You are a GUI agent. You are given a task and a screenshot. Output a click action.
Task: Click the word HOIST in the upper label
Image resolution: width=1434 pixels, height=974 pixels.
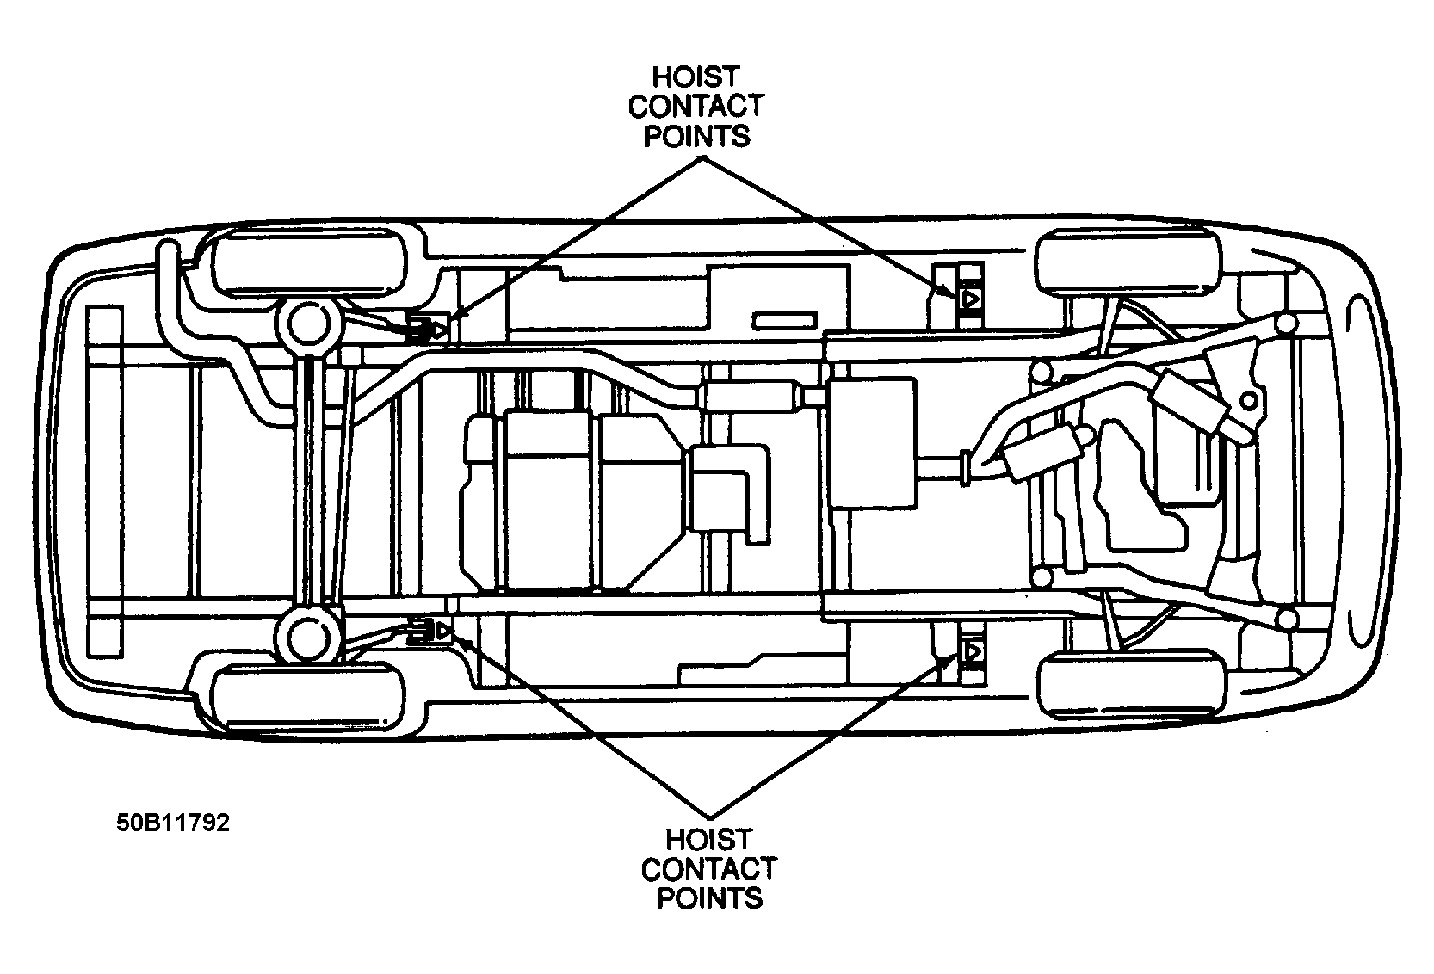[x=695, y=77]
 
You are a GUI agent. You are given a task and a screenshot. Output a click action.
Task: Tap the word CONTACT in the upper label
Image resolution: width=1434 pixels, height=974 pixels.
[x=695, y=107]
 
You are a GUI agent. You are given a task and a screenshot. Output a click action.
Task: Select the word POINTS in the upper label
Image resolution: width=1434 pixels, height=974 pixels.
[x=695, y=136]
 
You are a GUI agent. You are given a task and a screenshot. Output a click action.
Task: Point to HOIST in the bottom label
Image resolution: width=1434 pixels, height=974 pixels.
[x=709, y=839]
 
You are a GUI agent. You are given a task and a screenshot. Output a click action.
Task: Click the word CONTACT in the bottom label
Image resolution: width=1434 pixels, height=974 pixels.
[x=709, y=869]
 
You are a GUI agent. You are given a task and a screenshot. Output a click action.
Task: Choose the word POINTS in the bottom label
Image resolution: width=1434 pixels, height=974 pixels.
[x=709, y=898]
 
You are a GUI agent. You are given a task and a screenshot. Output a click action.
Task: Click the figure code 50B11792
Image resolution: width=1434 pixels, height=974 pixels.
[x=174, y=823]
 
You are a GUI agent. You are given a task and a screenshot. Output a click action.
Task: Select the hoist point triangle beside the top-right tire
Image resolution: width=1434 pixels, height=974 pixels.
[x=970, y=299]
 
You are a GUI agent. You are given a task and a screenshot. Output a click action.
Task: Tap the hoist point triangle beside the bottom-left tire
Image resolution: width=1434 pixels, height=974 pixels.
[x=442, y=632]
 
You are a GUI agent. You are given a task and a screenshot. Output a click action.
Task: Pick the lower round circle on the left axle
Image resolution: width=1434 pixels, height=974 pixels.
[x=306, y=638]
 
